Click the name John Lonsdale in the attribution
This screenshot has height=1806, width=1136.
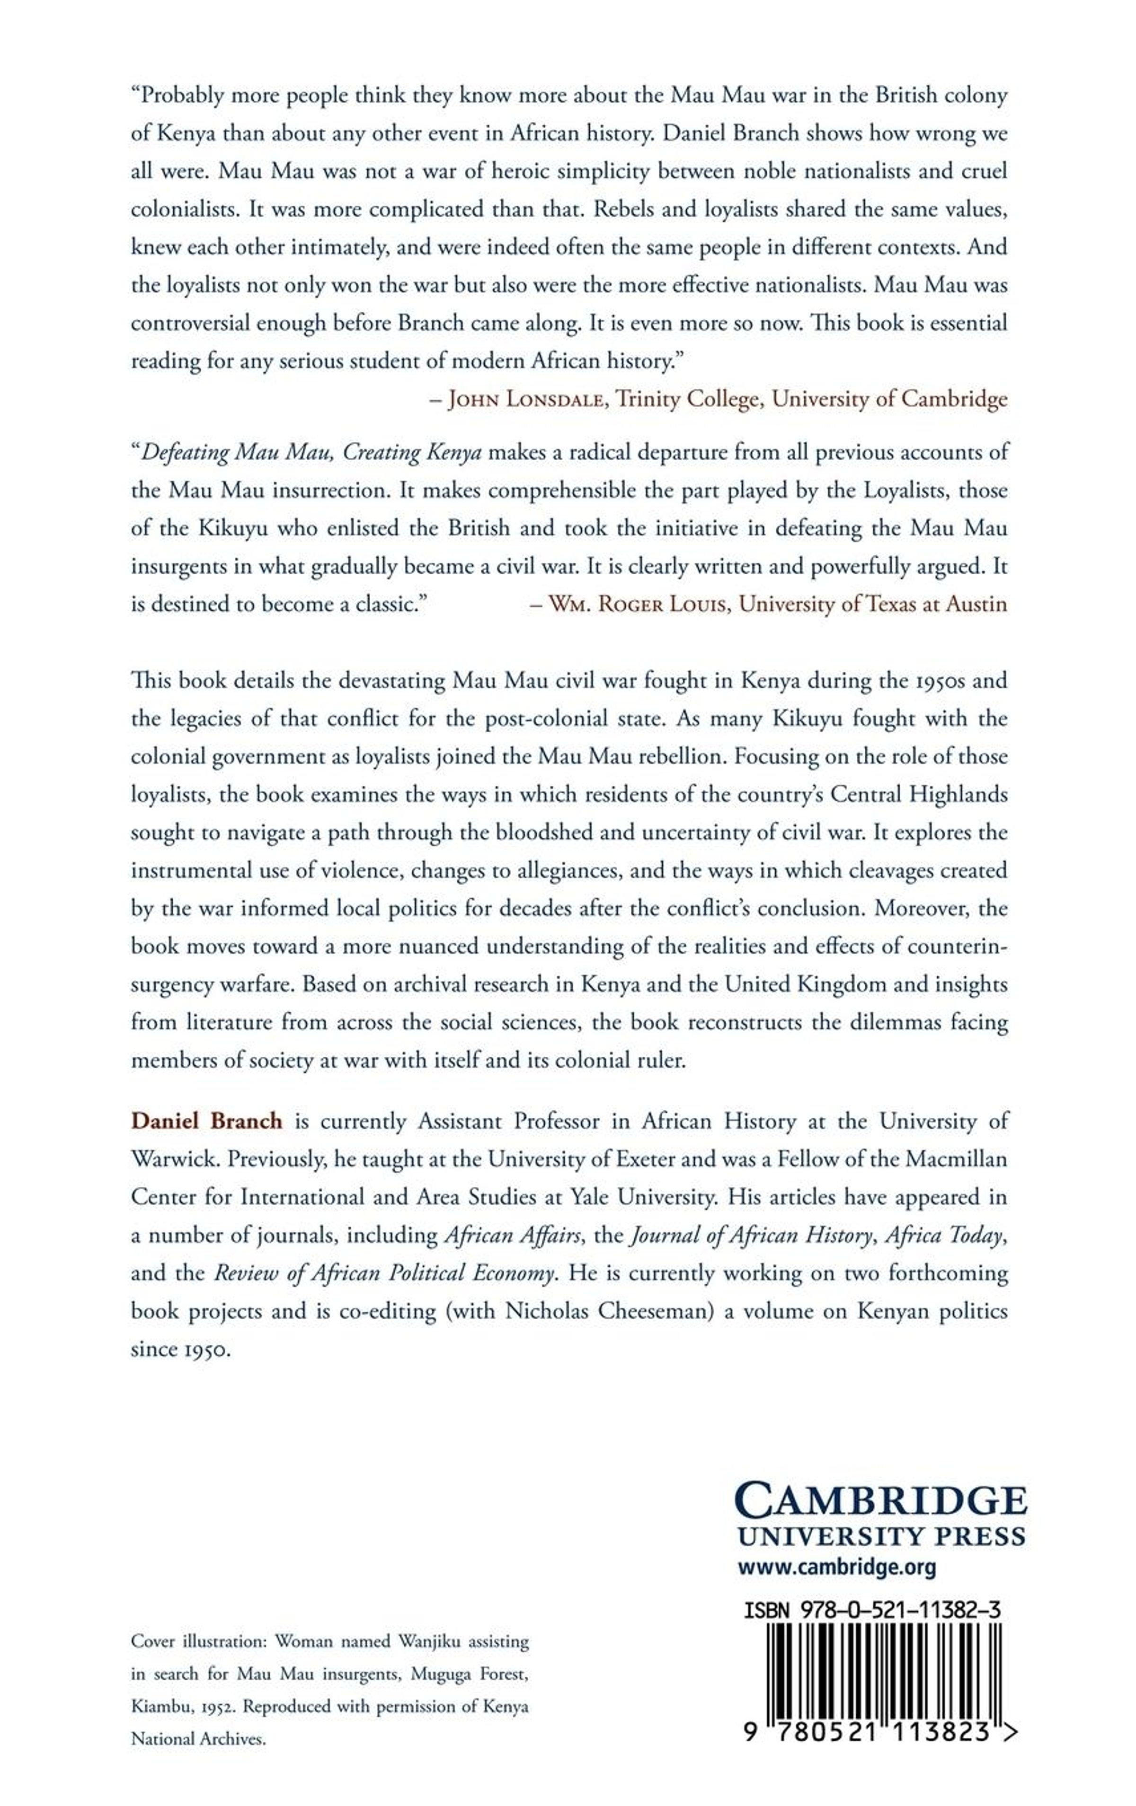click(526, 399)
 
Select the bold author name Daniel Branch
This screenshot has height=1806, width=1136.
click(206, 1121)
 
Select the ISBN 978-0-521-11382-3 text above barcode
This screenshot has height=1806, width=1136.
click(871, 1610)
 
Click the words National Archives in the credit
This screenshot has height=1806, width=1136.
click(198, 1738)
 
